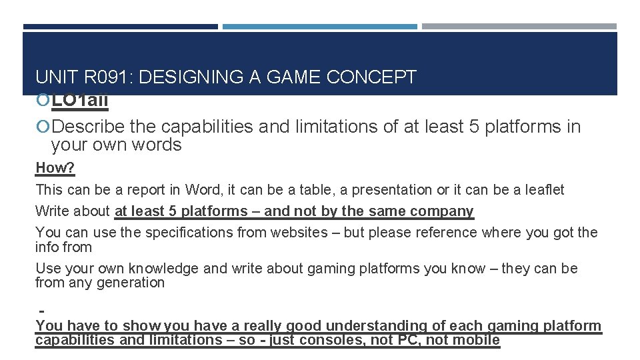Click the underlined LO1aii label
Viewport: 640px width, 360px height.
tap(80, 101)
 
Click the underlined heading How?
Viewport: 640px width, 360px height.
tap(55, 167)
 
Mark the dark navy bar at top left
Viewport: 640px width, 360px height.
tap(120, 27)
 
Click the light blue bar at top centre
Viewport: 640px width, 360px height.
tap(319, 27)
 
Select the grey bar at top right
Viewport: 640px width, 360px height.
tap(519, 27)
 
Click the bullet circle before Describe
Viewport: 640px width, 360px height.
tap(43, 127)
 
